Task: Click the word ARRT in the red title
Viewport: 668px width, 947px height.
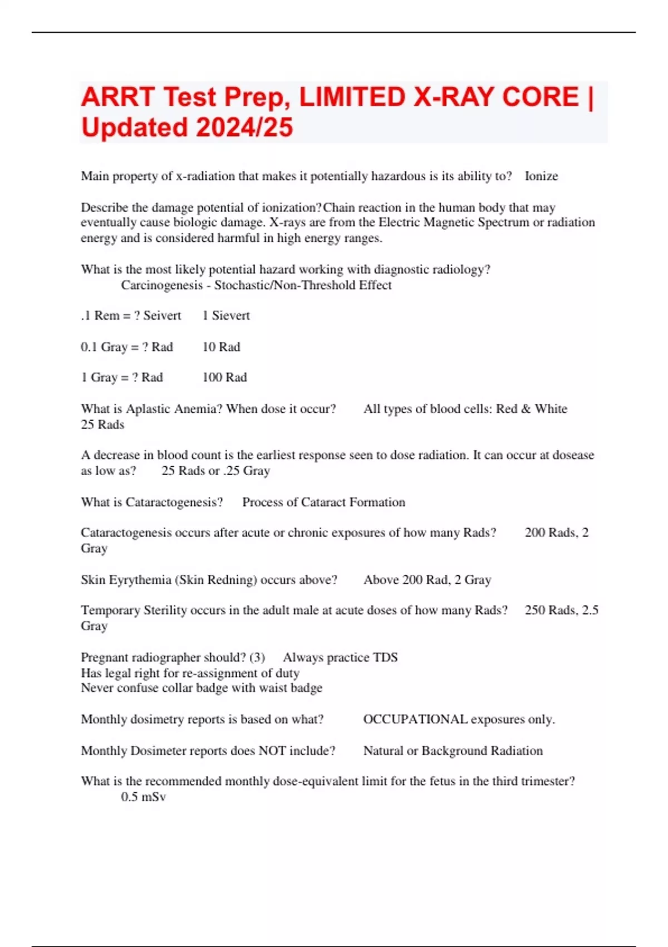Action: coord(117,97)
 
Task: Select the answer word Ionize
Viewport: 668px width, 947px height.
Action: coord(541,176)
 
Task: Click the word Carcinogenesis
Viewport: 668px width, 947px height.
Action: coord(161,285)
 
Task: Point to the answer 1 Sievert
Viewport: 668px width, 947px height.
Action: coord(226,315)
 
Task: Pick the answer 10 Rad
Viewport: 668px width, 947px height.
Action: coord(222,347)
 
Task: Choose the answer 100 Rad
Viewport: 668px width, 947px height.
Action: coord(225,378)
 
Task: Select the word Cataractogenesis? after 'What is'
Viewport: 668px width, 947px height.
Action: coord(174,502)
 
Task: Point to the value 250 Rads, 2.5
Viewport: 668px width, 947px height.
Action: coord(561,610)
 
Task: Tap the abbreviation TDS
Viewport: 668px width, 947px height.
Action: coord(385,657)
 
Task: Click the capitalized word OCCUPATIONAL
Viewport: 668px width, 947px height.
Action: coord(415,719)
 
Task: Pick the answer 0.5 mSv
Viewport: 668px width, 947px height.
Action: coord(144,797)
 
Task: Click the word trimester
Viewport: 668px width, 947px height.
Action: coord(548,781)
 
